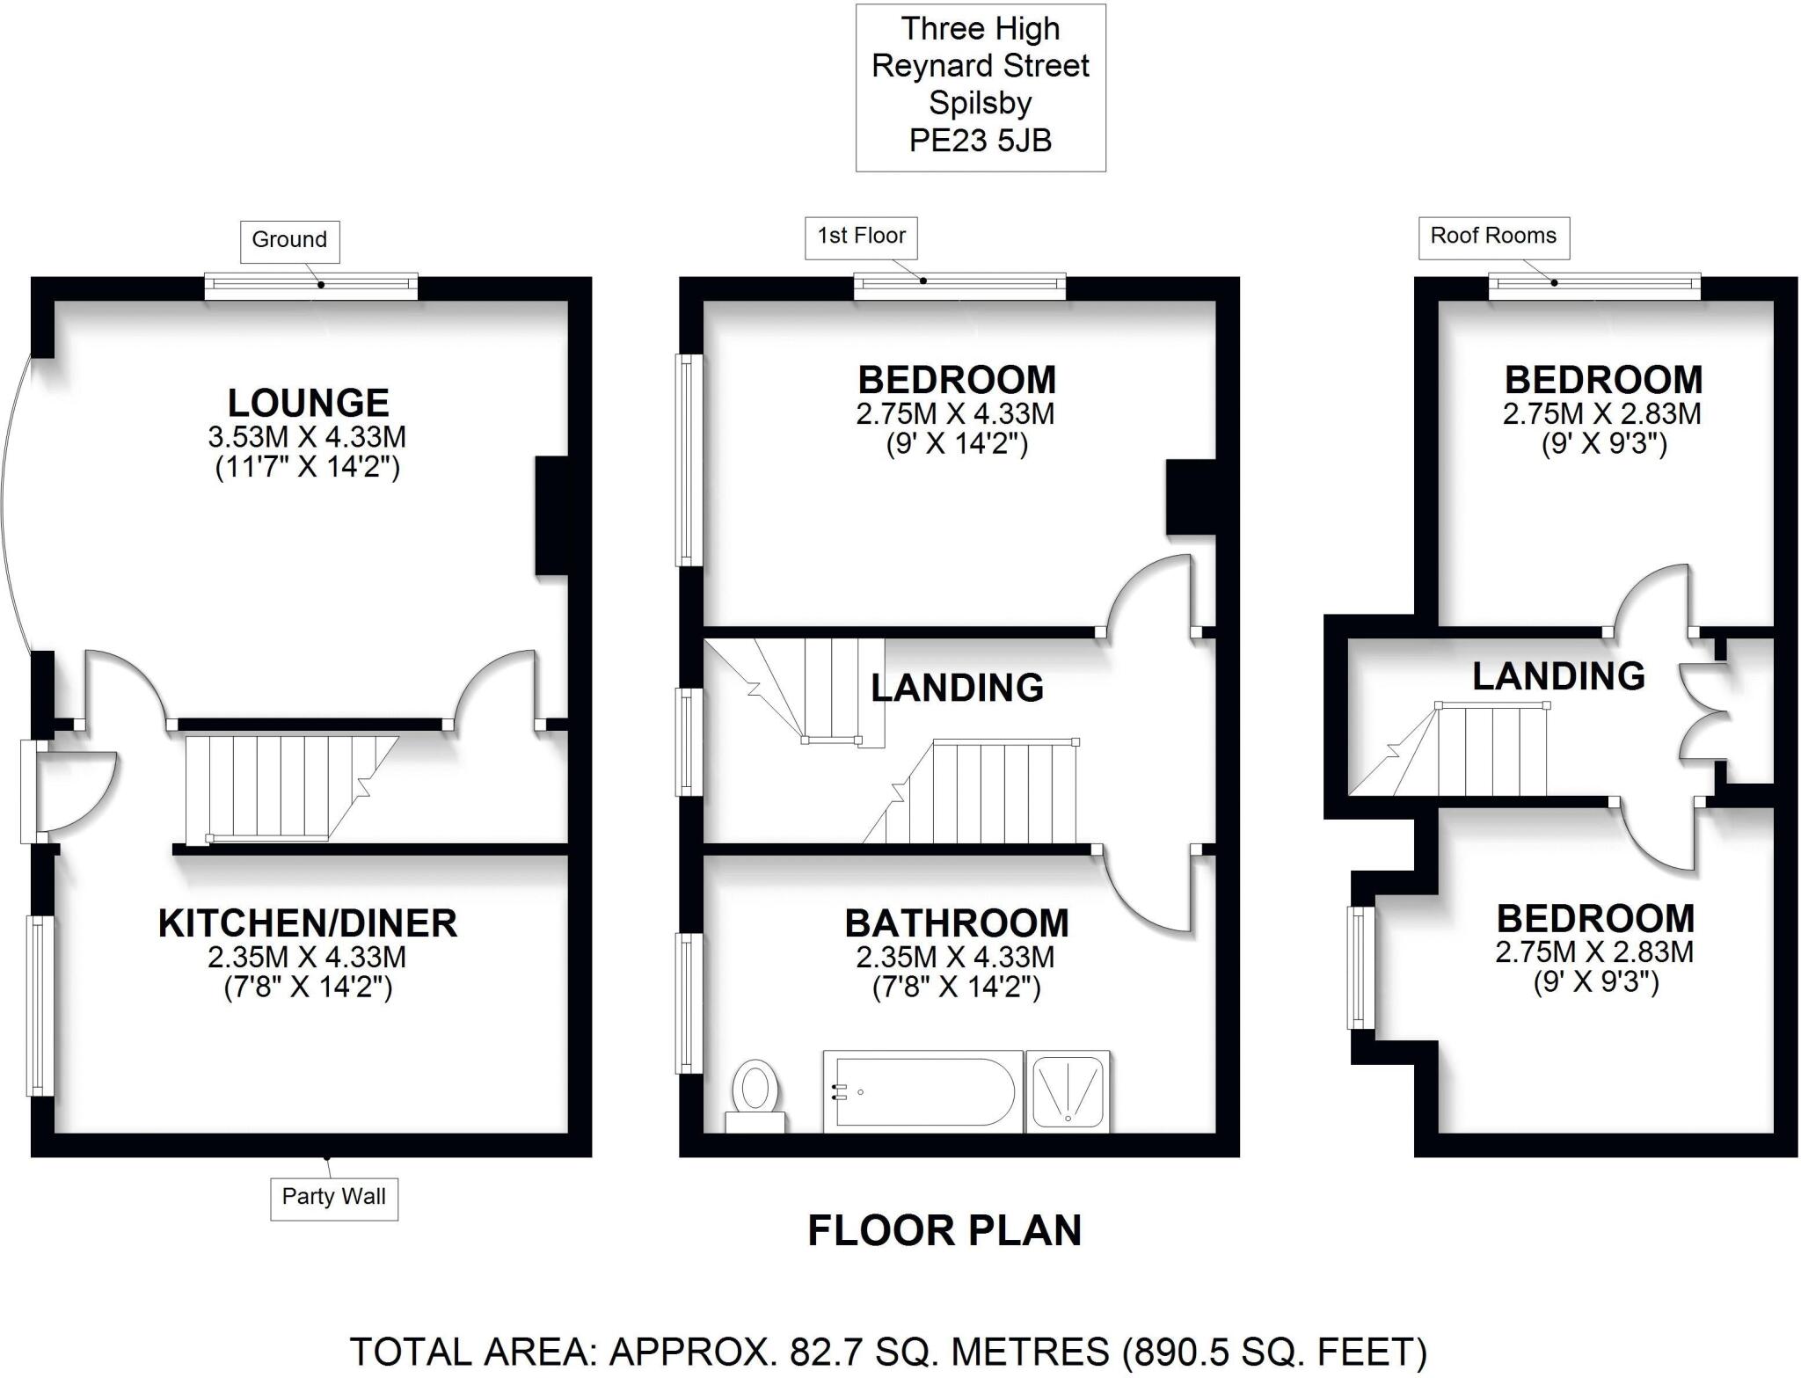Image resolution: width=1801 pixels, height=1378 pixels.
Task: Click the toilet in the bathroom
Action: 755,1097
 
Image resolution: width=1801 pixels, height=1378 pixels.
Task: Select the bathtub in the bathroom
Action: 922,1091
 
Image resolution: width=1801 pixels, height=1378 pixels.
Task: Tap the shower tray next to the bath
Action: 1068,1091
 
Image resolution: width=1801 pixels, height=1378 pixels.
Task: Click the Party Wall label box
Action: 333,1197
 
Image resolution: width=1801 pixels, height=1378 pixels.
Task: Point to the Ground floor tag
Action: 289,240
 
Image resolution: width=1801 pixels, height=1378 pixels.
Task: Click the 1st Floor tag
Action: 861,237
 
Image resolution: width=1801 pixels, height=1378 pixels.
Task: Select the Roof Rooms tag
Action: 1493,237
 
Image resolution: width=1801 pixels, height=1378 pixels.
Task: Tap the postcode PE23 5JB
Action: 980,141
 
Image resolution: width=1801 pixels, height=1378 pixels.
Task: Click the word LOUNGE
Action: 308,404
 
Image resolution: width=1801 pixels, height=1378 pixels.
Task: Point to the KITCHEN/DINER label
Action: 308,923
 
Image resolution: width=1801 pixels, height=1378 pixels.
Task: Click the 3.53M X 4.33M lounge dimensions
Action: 308,437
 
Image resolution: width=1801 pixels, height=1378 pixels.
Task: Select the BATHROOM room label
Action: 957,923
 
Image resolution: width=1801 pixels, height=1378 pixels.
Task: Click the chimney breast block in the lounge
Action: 551,516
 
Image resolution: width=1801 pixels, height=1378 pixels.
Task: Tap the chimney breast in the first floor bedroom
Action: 1190,497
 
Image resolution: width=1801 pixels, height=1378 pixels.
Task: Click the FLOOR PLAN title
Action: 944,1230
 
